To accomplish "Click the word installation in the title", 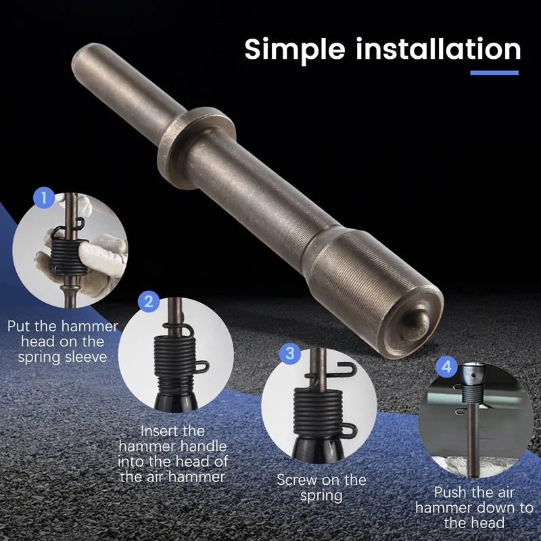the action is tap(438, 49).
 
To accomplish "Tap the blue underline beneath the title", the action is tap(494, 73).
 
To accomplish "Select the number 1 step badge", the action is tap(44, 198).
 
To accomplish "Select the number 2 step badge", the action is tap(149, 302).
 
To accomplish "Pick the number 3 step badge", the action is tap(290, 353).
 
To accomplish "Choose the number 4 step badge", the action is tap(446, 367).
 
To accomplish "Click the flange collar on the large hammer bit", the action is tap(196, 147).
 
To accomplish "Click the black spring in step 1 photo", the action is tap(69, 254).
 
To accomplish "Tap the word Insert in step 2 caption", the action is tap(173, 431).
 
